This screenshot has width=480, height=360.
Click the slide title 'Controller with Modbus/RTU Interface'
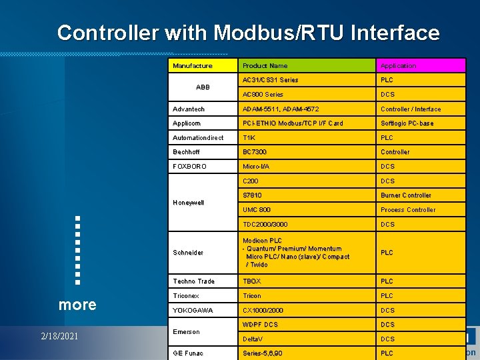248,33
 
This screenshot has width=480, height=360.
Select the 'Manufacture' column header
193,65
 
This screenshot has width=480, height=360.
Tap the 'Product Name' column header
265,65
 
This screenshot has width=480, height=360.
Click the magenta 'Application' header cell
398,65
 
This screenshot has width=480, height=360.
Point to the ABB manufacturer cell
203,87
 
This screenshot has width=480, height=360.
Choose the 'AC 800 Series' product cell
263,95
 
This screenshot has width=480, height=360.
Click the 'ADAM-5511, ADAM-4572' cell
281,109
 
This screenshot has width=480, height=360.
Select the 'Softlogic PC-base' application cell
407,123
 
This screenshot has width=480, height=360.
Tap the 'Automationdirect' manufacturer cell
198,138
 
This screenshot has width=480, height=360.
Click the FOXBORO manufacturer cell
190,166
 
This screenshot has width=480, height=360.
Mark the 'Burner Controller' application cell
406,195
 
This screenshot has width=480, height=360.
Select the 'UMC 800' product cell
257,210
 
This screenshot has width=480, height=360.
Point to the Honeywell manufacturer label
188,203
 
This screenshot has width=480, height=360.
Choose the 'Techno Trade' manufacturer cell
193,281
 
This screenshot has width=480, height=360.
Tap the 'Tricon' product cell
252,295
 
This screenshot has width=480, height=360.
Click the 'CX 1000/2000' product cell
263,310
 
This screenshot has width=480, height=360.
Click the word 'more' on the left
77,305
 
